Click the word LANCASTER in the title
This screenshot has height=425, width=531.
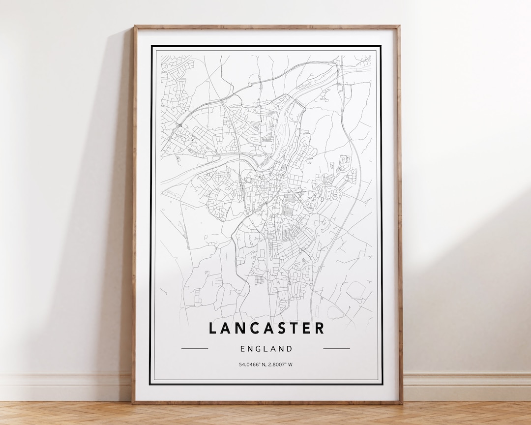(x=266, y=328)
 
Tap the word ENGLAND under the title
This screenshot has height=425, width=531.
(x=266, y=349)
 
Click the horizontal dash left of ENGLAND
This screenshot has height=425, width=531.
(x=195, y=349)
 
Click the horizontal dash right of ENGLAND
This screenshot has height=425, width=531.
(x=337, y=349)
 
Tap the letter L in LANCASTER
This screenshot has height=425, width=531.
(x=212, y=328)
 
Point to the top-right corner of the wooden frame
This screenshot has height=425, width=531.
(x=399, y=27)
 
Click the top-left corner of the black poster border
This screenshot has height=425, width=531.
(x=151, y=46)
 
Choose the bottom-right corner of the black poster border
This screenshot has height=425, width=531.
(x=382, y=384)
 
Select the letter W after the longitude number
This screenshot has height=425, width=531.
(x=291, y=364)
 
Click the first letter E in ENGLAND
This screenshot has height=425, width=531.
(x=243, y=349)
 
